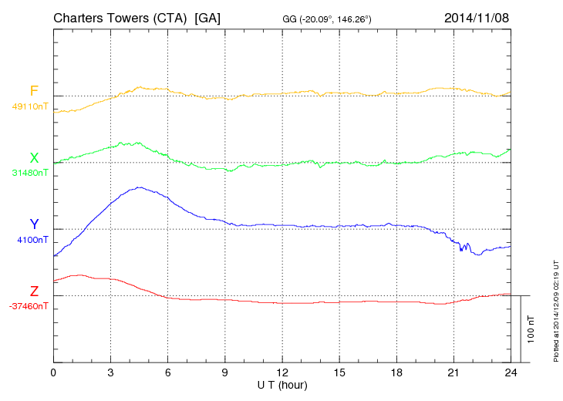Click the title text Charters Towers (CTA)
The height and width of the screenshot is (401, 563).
[121, 18]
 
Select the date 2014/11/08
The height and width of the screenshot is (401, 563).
[477, 18]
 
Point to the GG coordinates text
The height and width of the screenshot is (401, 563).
[328, 19]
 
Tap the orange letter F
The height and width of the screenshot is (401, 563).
[34, 92]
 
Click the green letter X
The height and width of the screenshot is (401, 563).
[34, 158]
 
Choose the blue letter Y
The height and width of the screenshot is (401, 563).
[34, 224]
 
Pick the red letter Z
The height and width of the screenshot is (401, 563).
[34, 291]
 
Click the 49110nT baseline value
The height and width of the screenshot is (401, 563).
[30, 106]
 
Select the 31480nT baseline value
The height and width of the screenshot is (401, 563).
[30, 173]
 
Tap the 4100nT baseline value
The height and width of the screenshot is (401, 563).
[32, 240]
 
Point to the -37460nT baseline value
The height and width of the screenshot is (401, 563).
[29, 306]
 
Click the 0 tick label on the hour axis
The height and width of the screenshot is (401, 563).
[54, 373]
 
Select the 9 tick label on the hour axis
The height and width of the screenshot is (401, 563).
[225, 373]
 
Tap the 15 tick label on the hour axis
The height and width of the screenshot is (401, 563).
[339, 373]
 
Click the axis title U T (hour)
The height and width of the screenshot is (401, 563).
[282, 385]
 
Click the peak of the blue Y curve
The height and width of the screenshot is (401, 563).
[140, 187]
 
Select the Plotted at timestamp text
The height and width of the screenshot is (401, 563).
[556, 308]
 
